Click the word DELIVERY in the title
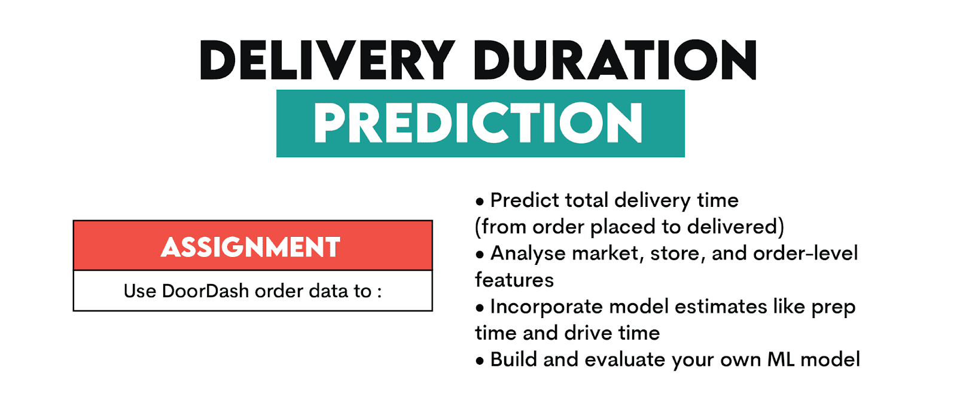tap(327, 60)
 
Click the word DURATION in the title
tap(615, 60)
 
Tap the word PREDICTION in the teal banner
tap(478, 123)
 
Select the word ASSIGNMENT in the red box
tap(251, 247)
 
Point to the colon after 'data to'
tap(379, 292)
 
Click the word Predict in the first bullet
tap(524, 201)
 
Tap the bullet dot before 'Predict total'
tap(480, 201)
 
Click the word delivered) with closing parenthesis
tap(735, 227)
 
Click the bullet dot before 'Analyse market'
tap(480, 255)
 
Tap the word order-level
tap(805, 253)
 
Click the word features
tap(514, 280)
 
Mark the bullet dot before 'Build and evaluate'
tap(480, 361)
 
